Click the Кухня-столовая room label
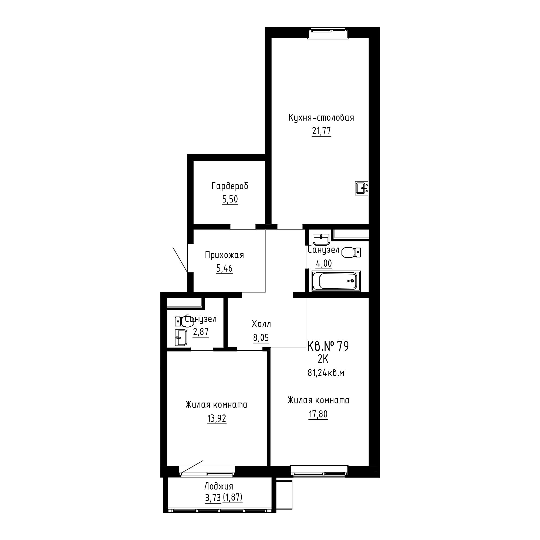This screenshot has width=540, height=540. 321,118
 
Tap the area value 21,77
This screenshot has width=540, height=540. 321,131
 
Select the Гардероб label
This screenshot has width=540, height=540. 230,186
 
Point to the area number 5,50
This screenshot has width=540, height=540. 230,199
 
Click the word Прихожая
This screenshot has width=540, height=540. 224,255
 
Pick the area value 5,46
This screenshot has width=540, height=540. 224,269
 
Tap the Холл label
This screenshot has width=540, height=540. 261,324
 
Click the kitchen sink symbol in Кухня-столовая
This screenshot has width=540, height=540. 362,188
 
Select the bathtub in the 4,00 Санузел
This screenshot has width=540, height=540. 336,281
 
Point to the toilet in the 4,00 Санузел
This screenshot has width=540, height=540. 351,252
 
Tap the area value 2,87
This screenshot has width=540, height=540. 201,332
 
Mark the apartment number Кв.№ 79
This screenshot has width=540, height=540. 328,347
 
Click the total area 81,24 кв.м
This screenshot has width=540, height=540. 326,373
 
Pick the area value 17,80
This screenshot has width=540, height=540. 318,414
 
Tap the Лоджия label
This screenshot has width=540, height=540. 219,486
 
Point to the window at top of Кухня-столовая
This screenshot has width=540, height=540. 328,33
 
